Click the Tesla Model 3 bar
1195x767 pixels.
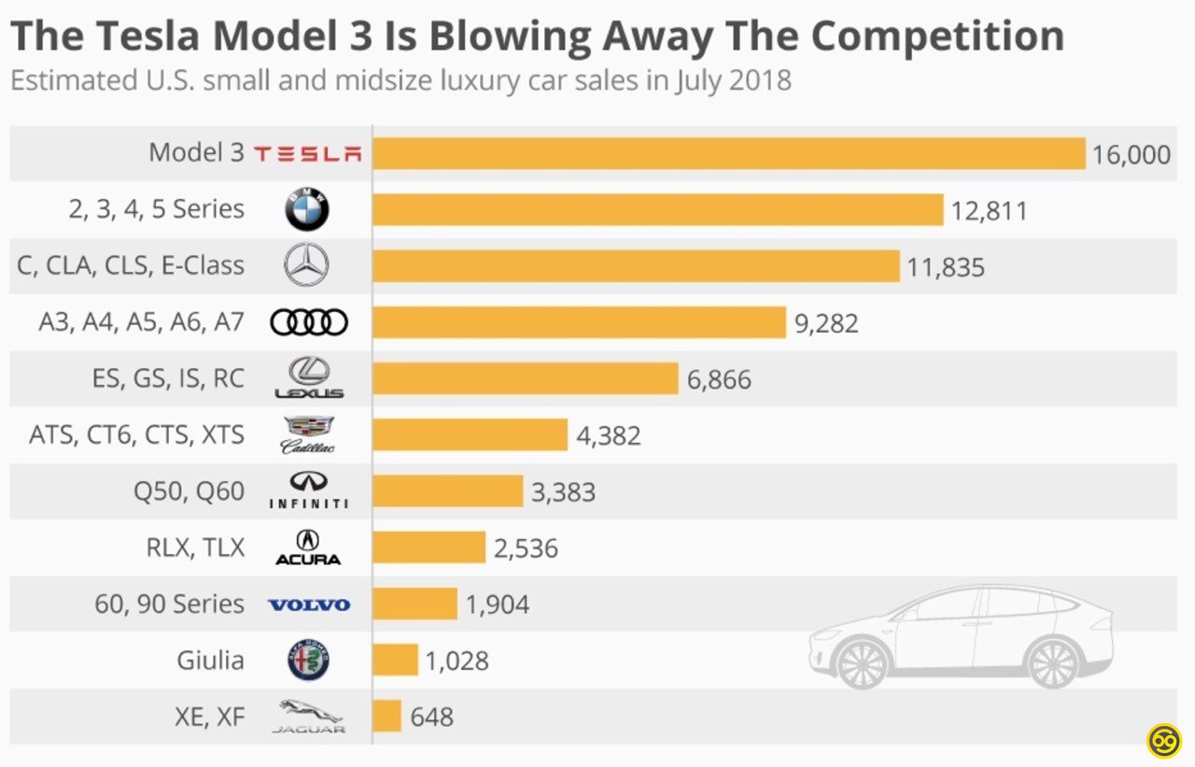[728, 153]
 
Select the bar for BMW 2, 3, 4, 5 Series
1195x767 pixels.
[657, 209]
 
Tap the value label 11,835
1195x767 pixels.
[945, 268]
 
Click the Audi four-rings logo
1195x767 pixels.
[308, 322]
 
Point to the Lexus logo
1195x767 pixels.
[308, 378]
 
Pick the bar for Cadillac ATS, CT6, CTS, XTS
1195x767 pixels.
[470, 434]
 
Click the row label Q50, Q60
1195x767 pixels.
[190, 491]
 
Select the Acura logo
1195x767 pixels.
[308, 547]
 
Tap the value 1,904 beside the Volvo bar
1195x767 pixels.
[497, 604]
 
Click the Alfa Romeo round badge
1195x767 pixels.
[307, 660]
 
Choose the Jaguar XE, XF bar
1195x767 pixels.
[387, 717]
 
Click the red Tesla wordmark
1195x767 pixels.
[308, 154]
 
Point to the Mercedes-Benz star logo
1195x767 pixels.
[306, 265]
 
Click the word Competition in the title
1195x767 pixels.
[936, 36]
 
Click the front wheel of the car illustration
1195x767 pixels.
[862, 661]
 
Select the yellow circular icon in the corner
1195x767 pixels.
[1164, 740]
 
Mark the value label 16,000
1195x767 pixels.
[1131, 154]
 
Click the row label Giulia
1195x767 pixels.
[210, 660]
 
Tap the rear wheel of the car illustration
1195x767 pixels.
[1053, 661]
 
